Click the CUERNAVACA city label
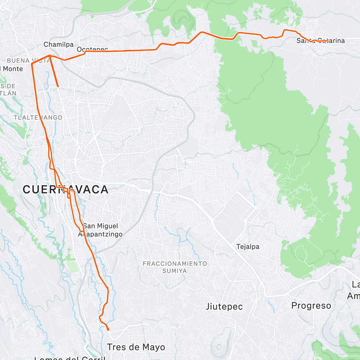tap(65, 190)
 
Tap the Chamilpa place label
tap(58, 44)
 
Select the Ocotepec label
tap(92, 49)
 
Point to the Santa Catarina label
tap(320, 40)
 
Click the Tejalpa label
tap(248, 247)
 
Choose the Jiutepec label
tap(224, 307)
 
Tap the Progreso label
tap(311, 306)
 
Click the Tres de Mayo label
tap(136, 347)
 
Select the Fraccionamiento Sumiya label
tap(175, 267)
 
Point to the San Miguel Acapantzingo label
tap(100, 230)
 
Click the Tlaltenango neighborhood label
tap(38, 118)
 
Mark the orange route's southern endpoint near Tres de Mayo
tap(108, 329)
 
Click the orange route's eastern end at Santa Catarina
tap(328, 41)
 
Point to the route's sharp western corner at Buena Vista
tap(31, 64)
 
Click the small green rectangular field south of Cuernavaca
tap(72, 267)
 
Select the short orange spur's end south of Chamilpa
tap(58, 86)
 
